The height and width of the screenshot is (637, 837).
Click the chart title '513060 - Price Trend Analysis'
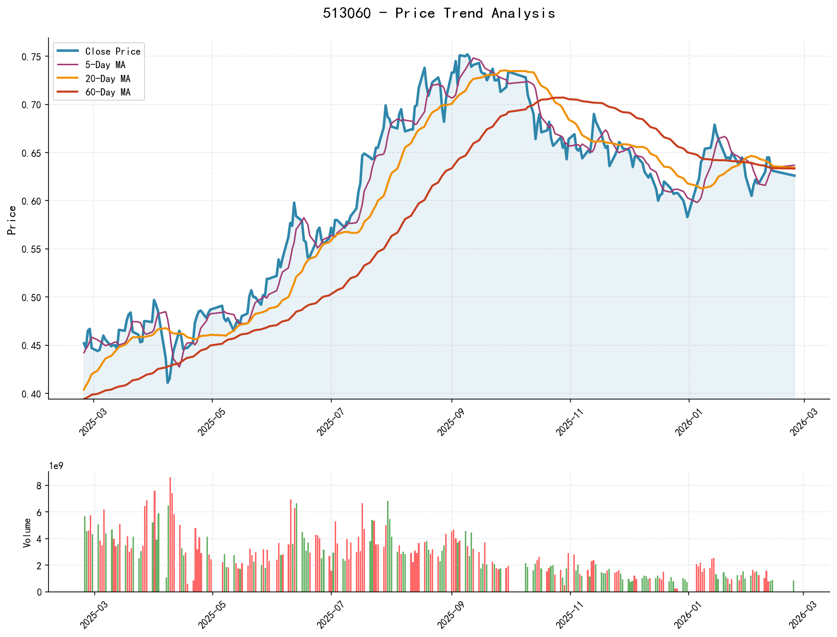(439, 13)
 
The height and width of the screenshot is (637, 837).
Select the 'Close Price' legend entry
(113, 51)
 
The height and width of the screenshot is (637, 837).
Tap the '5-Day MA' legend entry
(105, 65)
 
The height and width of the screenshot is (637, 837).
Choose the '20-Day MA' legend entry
(108, 79)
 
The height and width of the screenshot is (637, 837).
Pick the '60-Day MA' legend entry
(108, 92)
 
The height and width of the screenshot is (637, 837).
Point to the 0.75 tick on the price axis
(32, 57)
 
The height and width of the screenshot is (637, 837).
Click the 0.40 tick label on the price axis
(32, 394)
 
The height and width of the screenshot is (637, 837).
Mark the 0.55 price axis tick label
(32, 249)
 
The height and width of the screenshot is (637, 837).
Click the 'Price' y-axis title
(12, 220)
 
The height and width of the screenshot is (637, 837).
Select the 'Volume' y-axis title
(27, 532)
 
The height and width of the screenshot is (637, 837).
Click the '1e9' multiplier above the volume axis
(56, 466)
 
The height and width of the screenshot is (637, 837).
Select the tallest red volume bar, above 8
(170, 534)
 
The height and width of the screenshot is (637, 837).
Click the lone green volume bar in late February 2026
(793, 586)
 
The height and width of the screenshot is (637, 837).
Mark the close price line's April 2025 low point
(168, 382)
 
